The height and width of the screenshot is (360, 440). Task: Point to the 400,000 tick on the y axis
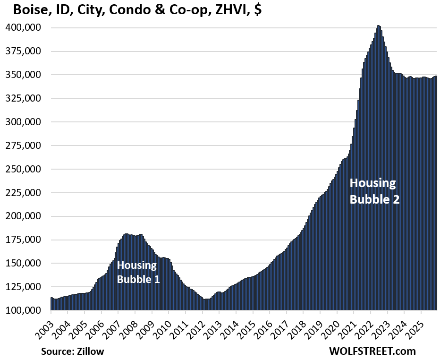(23, 28)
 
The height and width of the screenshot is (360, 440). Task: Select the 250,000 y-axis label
(23, 169)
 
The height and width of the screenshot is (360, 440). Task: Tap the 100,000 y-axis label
(23, 310)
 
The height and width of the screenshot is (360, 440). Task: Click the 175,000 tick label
(23, 240)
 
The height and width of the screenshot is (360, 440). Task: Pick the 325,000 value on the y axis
(23, 99)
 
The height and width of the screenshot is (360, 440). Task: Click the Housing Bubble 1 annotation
(138, 272)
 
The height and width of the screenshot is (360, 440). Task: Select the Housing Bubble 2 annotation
(374, 191)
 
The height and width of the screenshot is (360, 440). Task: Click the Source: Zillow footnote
(72, 351)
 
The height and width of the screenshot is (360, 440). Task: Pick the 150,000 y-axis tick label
(23, 264)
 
